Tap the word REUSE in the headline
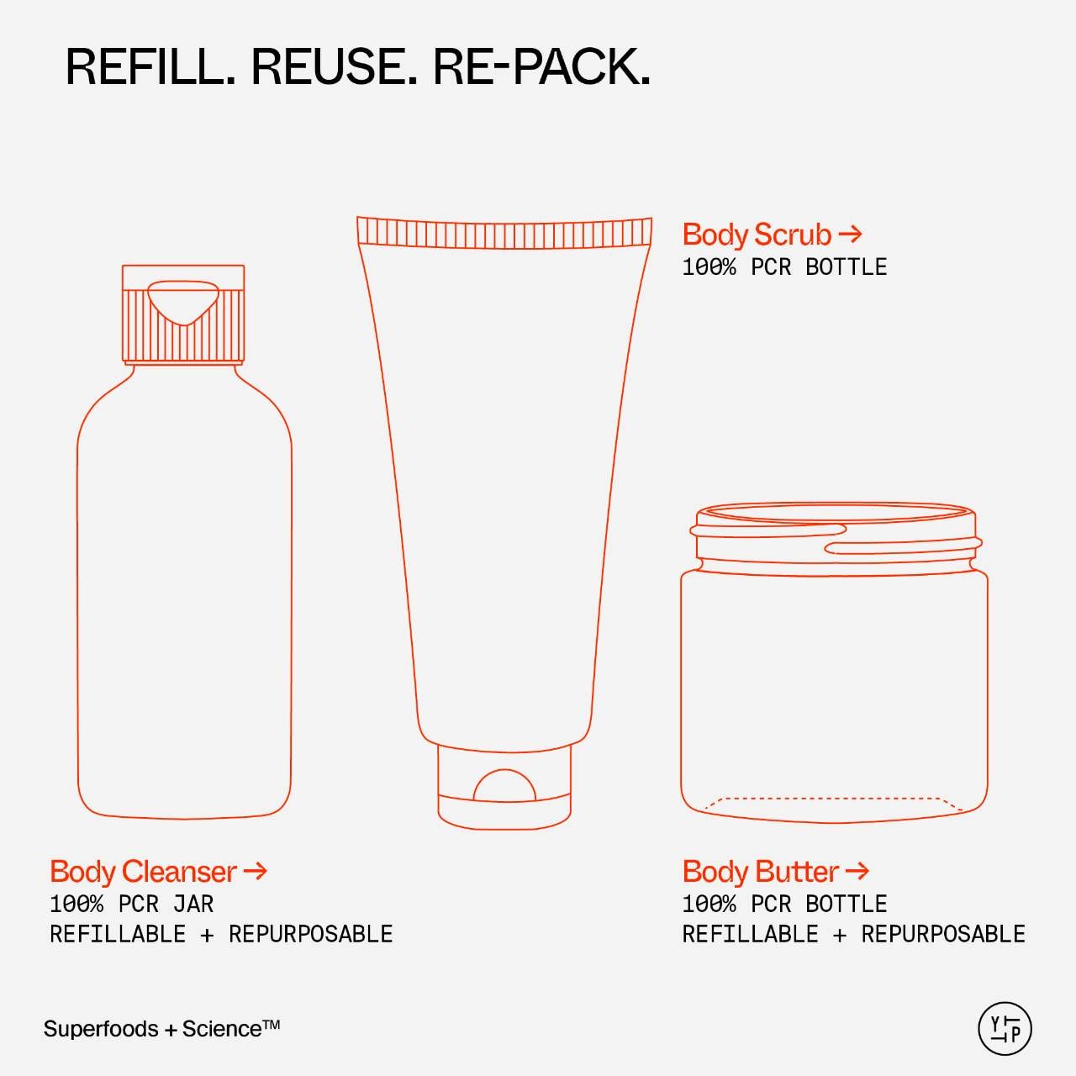[334, 67]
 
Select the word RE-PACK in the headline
[541, 67]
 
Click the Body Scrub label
[757, 235]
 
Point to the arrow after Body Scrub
[851, 234]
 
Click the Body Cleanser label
[144, 872]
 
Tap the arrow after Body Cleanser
[256, 871]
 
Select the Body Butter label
[761, 872]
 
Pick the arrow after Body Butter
[857, 871]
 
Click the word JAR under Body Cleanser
[193, 904]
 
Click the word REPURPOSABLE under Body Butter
[943, 934]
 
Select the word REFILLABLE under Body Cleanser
[118, 934]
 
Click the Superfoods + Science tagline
[162, 1029]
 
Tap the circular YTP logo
[1005, 1029]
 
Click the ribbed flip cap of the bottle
[183, 314]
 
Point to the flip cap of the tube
[504, 787]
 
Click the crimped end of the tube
[504, 232]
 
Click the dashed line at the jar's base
[833, 799]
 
